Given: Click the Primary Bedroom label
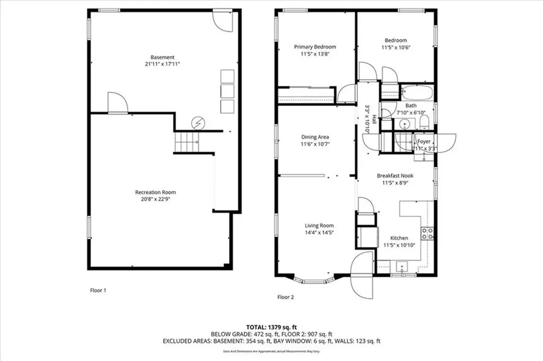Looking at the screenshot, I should pyautogui.click(x=315, y=47).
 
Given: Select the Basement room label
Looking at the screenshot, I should pyautogui.click(x=162, y=57).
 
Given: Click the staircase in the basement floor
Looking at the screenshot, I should pyautogui.click(x=187, y=142).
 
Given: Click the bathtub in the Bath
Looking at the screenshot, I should pyautogui.click(x=417, y=93).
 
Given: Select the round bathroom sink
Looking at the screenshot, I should pyautogui.click(x=405, y=125).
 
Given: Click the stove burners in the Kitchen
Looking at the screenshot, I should pyautogui.click(x=427, y=234).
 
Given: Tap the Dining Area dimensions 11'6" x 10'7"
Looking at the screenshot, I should pyautogui.click(x=315, y=144).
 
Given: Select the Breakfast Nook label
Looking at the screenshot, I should pyautogui.click(x=395, y=175).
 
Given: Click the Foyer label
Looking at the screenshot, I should pyautogui.click(x=424, y=142).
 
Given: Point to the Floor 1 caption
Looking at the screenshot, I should pyautogui.click(x=98, y=290).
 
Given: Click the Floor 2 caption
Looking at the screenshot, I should pyautogui.click(x=286, y=297).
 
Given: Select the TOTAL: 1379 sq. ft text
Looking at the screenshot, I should pyautogui.click(x=271, y=327).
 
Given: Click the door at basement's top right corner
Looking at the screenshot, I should pyautogui.click(x=222, y=20).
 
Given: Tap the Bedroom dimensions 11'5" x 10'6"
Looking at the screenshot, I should pyautogui.click(x=396, y=47).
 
